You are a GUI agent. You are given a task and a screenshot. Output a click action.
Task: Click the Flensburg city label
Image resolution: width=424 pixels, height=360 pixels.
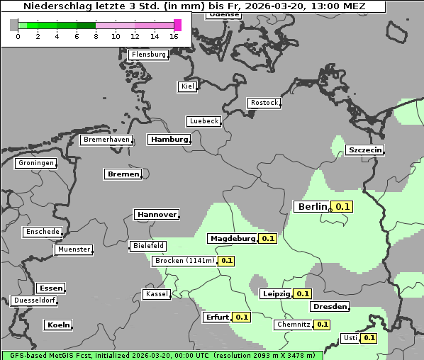point(148,55)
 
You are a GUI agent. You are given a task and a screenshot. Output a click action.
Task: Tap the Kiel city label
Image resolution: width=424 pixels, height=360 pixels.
point(187,86)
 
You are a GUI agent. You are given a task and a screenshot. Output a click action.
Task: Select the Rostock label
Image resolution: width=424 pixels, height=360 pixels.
point(264,103)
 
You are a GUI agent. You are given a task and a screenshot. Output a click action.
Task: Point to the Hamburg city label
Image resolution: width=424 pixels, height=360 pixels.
point(169,140)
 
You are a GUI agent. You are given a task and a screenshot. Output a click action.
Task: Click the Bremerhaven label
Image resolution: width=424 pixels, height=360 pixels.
point(106,140)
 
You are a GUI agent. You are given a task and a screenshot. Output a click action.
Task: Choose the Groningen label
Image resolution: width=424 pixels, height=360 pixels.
point(35,163)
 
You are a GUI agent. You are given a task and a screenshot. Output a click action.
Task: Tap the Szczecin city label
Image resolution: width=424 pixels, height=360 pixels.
point(364,150)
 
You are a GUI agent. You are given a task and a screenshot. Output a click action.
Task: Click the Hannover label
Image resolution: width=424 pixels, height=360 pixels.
point(156,214)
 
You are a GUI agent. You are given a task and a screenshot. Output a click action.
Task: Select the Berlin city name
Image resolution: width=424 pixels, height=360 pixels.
point(311,206)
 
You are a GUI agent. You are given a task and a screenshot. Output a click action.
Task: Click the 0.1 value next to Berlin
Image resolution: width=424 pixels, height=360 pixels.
point(343,207)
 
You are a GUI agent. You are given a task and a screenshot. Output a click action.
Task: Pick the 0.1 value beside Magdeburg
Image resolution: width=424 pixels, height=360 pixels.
point(268,239)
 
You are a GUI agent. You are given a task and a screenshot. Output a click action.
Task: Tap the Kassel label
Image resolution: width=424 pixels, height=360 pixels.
point(156,294)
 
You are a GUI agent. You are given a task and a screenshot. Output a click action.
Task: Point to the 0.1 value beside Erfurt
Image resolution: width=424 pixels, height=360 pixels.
point(242,317)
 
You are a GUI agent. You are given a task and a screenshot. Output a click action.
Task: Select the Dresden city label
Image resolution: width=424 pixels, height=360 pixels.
point(330,307)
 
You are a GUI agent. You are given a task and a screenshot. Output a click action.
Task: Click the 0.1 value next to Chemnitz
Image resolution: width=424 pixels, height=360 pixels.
point(322,325)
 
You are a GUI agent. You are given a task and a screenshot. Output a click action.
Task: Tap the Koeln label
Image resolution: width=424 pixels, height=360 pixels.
point(58,325)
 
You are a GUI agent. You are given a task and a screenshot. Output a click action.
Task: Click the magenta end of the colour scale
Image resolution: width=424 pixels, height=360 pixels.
point(177,25)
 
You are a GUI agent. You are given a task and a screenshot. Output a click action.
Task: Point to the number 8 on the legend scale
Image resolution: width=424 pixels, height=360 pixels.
point(96,36)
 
